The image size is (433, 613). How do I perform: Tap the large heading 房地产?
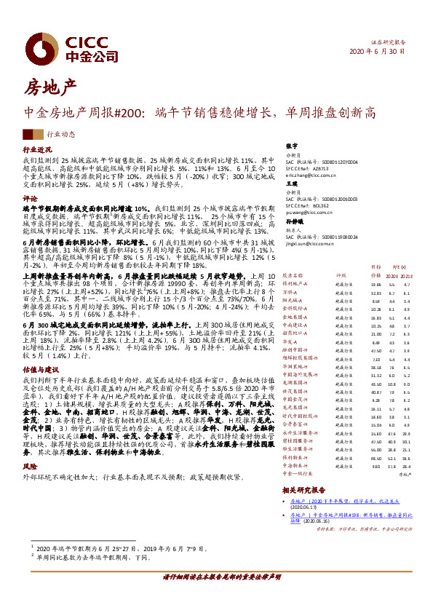pyautogui.click(x=51, y=89)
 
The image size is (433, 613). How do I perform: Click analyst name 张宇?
pyautogui.click(x=292, y=147)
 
